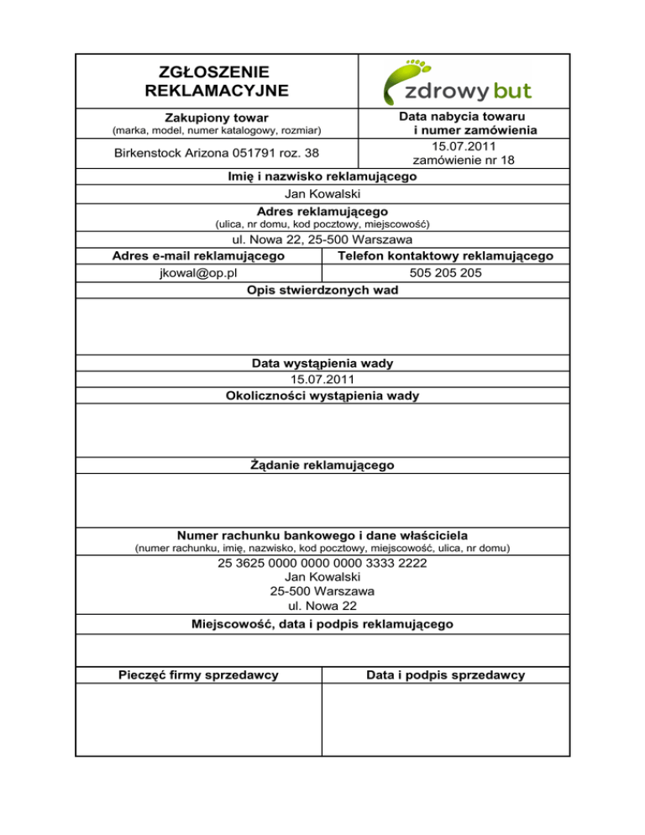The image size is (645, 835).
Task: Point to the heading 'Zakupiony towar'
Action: [x=217, y=118]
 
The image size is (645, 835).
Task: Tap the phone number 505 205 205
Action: [x=445, y=273]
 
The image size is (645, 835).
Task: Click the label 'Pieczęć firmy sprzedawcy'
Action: [x=198, y=675]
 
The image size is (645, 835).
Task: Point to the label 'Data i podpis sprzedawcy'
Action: [x=445, y=675]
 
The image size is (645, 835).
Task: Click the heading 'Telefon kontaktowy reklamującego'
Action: [x=445, y=256]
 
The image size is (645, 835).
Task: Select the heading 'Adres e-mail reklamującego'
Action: [x=198, y=256]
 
